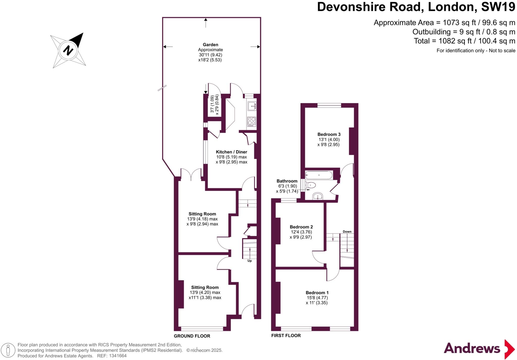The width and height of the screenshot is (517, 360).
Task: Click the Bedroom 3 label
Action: coord(329,134)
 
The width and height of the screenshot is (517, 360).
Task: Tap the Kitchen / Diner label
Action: coord(231,152)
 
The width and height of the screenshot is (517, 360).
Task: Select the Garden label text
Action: coord(210,45)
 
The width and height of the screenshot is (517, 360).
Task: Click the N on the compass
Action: coord(68,50)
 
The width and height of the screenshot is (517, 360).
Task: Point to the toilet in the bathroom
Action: coord(311,185)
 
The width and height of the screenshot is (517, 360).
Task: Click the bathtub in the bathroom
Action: coord(319,175)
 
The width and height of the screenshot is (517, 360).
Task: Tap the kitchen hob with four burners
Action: coord(251,121)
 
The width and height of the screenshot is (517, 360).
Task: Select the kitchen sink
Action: coord(252,106)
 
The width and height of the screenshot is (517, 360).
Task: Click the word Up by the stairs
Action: coord(249,261)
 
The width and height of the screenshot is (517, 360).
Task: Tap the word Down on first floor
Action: coord(347,232)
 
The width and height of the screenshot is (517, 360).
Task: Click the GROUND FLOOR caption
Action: coord(192,336)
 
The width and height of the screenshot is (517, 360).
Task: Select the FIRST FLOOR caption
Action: coord(286,336)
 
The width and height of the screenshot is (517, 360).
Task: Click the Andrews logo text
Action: coord(472,349)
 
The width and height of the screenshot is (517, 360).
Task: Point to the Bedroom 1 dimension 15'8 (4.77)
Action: coord(317,298)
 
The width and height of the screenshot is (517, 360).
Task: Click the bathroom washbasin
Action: coord(318,196)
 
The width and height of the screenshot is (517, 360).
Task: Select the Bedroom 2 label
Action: coord(301,227)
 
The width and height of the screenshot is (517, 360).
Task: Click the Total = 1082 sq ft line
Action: coord(464,41)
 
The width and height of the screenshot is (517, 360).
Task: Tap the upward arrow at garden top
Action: coord(206,22)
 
